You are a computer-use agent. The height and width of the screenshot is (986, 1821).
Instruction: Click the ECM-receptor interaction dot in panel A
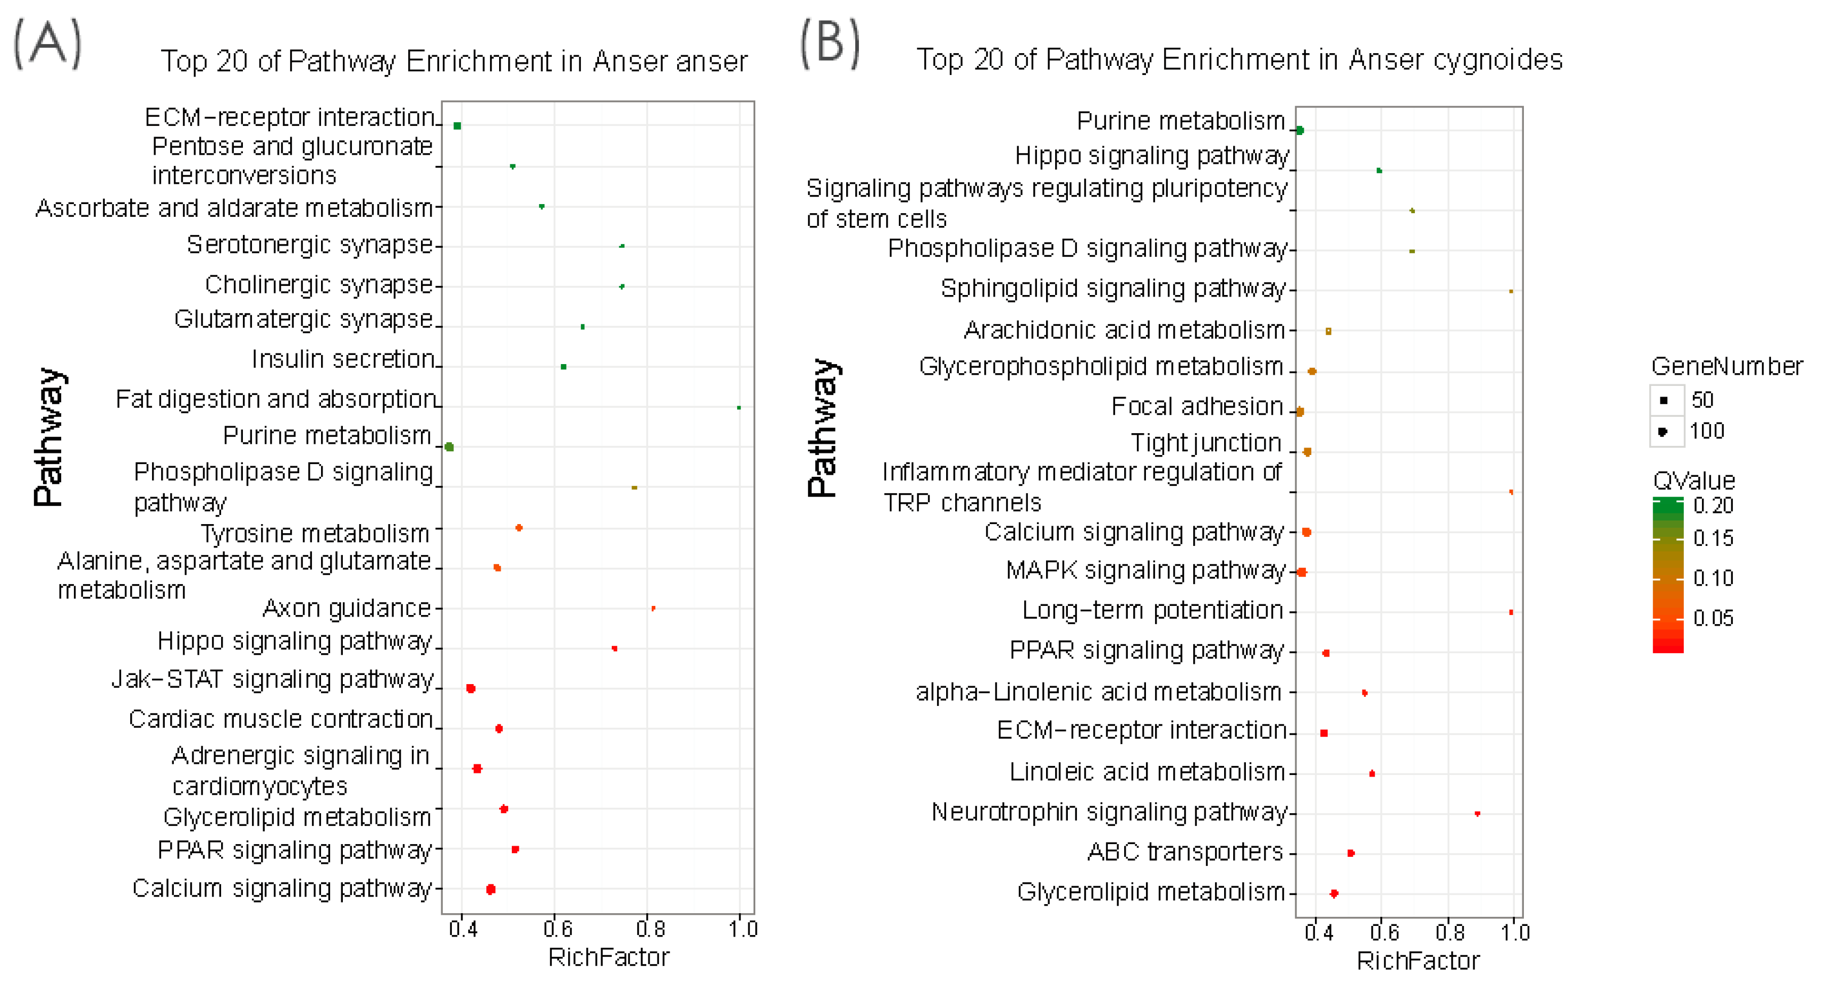pyautogui.click(x=457, y=126)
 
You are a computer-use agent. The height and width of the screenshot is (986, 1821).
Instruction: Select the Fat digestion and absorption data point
pyautogui.click(x=739, y=408)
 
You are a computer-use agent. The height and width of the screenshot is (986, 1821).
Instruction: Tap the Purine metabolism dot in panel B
pyautogui.click(x=1299, y=130)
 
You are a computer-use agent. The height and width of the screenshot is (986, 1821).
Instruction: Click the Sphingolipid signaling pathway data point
pyautogui.click(x=1511, y=291)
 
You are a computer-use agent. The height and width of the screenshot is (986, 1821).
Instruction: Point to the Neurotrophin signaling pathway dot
pyautogui.click(x=1478, y=814)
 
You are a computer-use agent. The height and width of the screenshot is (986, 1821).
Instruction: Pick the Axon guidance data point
pyautogui.click(x=653, y=608)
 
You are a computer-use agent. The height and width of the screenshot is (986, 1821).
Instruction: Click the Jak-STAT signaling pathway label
pyautogui.click(x=273, y=679)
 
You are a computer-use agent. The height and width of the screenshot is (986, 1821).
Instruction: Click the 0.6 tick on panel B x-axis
pyautogui.click(x=1384, y=933)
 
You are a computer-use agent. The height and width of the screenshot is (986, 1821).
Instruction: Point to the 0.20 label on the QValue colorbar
pyautogui.click(x=1713, y=506)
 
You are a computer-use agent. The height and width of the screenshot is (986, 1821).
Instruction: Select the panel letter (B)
pyautogui.click(x=830, y=44)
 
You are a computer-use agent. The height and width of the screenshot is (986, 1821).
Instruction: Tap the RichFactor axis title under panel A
pyautogui.click(x=608, y=957)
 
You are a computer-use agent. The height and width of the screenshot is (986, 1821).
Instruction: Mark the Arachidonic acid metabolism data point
pyautogui.click(x=1328, y=331)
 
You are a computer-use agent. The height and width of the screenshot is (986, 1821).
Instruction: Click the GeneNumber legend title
pyautogui.click(x=1726, y=366)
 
